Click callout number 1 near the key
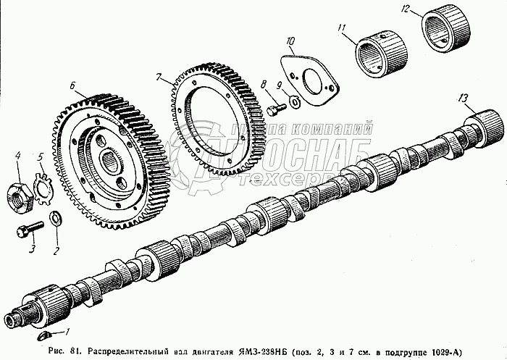coord(67,332)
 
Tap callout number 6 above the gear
coord(72,85)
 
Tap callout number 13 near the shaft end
coord(462,97)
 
